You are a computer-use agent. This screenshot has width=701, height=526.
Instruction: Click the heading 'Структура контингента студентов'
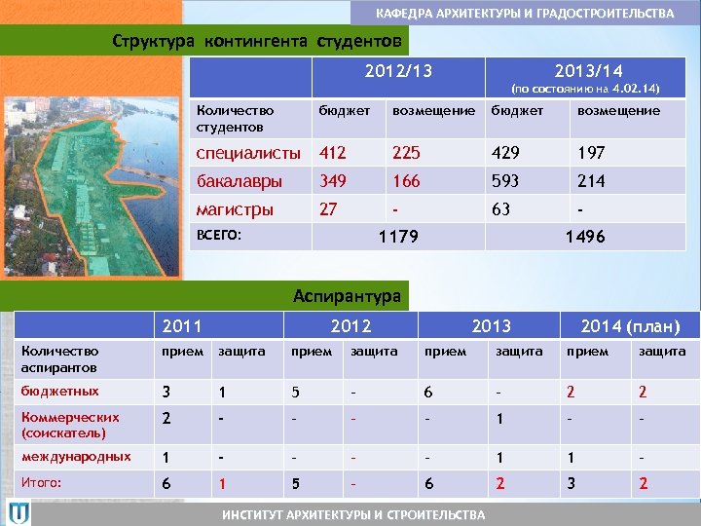[x=256, y=42]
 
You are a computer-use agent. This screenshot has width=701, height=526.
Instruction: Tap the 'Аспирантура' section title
[x=348, y=295]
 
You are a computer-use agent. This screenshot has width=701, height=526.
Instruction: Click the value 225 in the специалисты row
[x=407, y=153]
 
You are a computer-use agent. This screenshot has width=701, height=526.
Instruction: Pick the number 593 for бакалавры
[x=506, y=181]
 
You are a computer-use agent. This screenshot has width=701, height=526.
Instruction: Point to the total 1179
[x=397, y=238]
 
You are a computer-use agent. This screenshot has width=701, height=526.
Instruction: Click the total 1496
[x=585, y=238]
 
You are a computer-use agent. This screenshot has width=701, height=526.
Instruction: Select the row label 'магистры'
[x=235, y=209]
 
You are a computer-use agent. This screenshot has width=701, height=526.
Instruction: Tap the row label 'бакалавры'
[x=240, y=181]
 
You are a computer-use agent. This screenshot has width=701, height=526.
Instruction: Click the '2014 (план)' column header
[x=630, y=326]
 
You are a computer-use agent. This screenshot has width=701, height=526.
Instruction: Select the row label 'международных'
[x=75, y=456]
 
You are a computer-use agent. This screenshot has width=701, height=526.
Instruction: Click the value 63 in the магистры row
[x=501, y=209]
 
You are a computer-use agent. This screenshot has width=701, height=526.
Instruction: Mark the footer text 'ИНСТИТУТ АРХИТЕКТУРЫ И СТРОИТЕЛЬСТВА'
[x=352, y=514]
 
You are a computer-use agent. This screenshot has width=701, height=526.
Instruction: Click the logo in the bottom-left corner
[x=19, y=512]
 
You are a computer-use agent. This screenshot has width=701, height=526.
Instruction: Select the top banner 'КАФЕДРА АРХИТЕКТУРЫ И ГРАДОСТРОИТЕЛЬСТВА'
[x=525, y=14]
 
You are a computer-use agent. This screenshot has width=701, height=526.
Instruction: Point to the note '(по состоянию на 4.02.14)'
[x=586, y=89]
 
